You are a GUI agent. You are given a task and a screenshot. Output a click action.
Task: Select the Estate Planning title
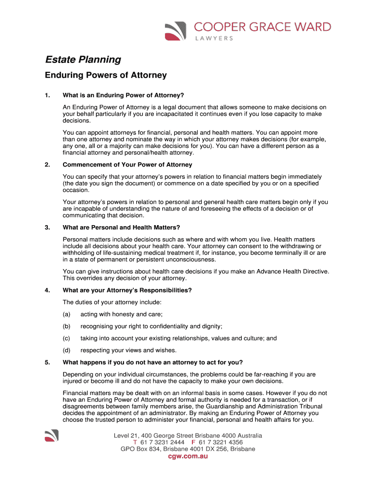[x=83, y=60]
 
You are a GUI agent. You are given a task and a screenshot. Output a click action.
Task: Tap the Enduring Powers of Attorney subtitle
[x=106, y=75]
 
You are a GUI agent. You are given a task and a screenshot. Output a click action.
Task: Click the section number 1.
[x=47, y=95]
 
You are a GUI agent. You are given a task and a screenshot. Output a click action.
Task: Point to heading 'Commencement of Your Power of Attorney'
[x=127, y=165]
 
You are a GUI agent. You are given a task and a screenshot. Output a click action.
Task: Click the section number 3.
[x=47, y=228]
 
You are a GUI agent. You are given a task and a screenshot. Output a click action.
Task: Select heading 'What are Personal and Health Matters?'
[x=122, y=228]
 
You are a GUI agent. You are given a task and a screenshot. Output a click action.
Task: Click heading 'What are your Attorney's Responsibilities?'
[x=127, y=291]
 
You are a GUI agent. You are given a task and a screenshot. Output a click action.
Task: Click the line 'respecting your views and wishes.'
[x=128, y=350]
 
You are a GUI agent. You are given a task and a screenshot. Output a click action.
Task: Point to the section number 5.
[x=47, y=362]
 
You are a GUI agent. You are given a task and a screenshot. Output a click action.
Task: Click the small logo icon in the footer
[x=51, y=436]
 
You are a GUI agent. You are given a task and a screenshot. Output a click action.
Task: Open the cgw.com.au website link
[x=188, y=457]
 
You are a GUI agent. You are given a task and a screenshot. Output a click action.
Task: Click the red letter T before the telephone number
[x=135, y=442]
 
